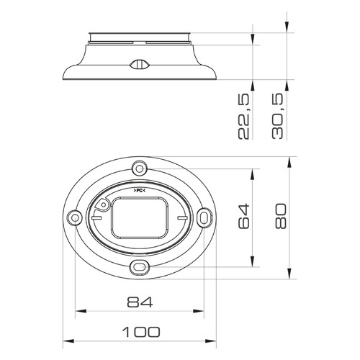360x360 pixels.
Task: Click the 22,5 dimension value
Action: coord(244,117)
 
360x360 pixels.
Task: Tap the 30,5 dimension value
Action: coord(278,117)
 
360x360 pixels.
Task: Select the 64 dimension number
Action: coord(244,216)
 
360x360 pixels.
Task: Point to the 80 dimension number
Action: coord(281,216)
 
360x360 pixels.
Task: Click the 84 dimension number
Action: coord(140,302)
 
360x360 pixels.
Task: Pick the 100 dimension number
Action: coord(140,332)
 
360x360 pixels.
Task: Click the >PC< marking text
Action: coord(140,191)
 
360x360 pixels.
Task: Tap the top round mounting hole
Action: coord(140,168)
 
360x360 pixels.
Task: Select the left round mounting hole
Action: coord(74,218)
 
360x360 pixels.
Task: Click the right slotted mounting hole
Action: coord(204,218)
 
